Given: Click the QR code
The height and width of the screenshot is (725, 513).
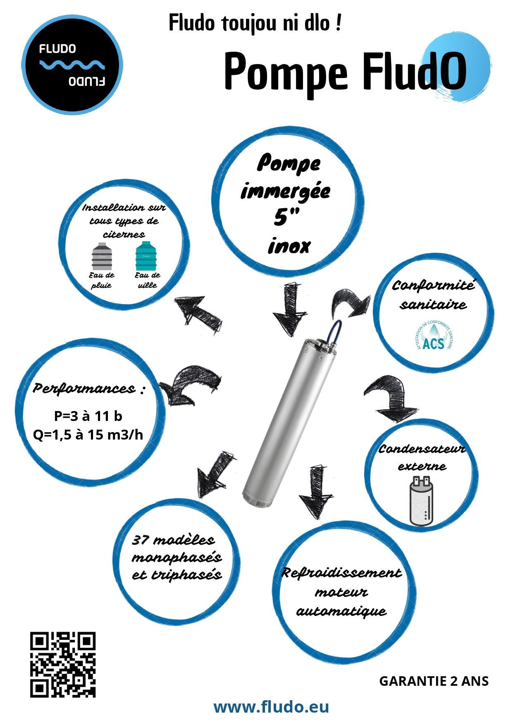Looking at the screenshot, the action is [x=63, y=664].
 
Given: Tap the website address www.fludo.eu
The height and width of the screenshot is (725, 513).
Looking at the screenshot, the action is [x=271, y=707].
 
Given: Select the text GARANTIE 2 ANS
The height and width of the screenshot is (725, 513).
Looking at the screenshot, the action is [x=434, y=681].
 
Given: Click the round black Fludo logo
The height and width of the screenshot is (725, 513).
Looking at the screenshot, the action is [x=72, y=64].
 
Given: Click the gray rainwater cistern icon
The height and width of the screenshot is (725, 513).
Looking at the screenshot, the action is [x=102, y=256].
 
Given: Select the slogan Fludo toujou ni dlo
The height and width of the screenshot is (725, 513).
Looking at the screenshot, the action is [x=255, y=23].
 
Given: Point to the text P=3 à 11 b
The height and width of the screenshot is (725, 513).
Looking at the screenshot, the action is [x=88, y=416].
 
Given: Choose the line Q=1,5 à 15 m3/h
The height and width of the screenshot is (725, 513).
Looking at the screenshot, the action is [x=88, y=435].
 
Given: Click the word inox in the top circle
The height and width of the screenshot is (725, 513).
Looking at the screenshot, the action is [x=289, y=247].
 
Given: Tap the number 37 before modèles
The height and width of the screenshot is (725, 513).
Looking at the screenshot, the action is [x=140, y=540].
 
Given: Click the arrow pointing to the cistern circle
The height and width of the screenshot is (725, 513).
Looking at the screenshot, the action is [x=198, y=314].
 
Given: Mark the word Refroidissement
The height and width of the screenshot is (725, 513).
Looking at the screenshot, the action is [x=341, y=573].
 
